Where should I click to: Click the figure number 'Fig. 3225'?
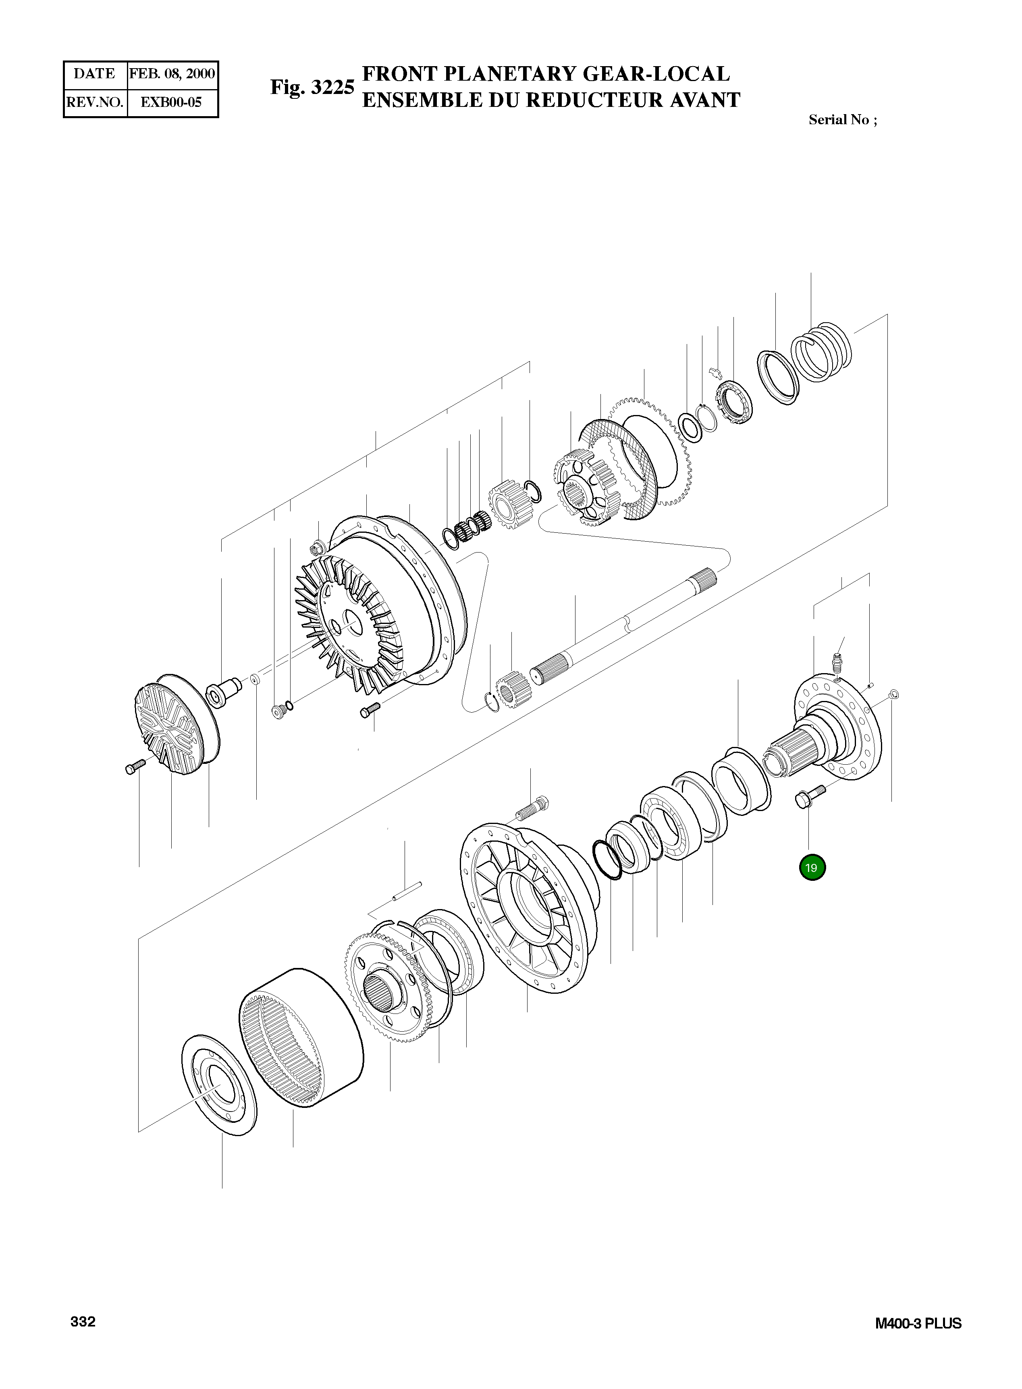(x=312, y=87)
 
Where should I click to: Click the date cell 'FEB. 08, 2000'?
(x=172, y=74)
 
